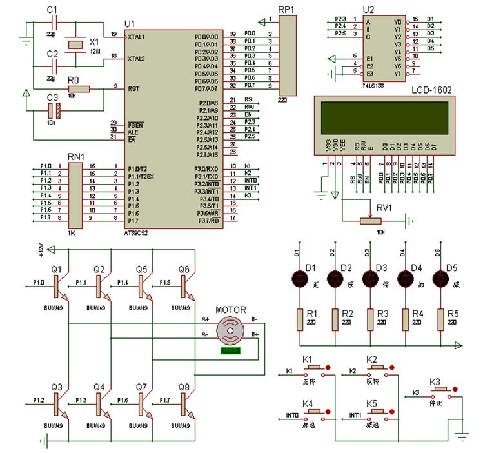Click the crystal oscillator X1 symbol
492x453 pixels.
(77, 44)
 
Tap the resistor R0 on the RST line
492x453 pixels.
(77, 89)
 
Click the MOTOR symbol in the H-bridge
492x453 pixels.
(230, 330)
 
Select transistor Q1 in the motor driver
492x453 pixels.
(57, 283)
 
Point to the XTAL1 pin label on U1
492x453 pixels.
(136, 37)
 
